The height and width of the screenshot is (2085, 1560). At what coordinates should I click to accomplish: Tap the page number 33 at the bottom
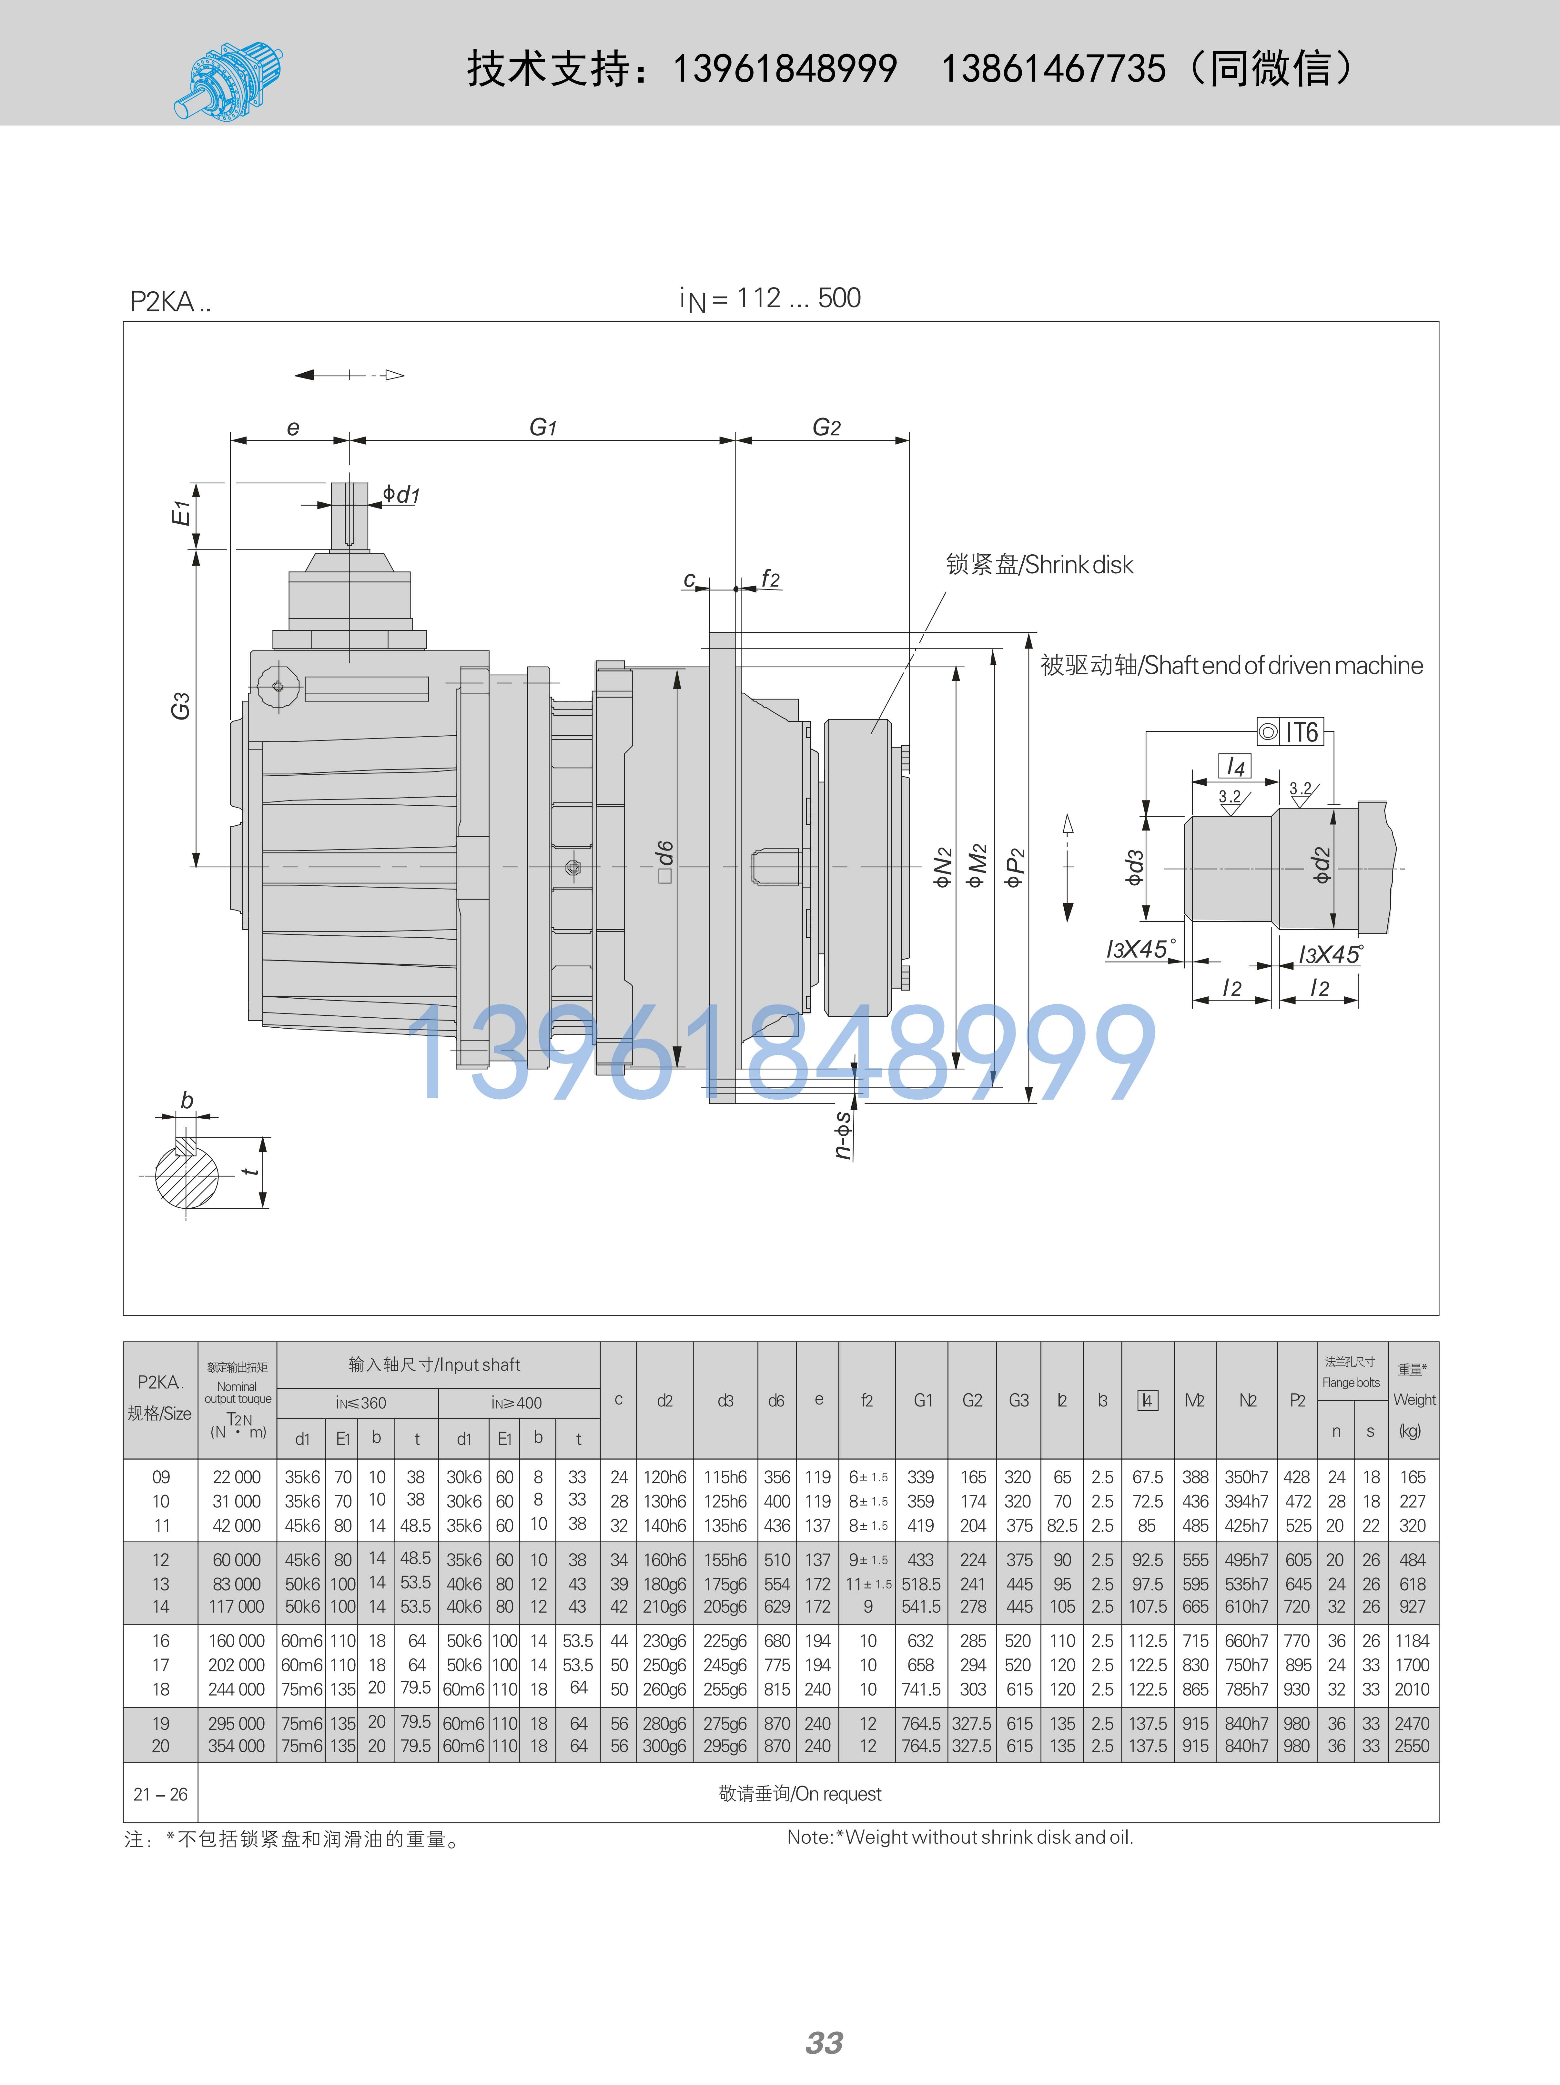(x=824, y=2042)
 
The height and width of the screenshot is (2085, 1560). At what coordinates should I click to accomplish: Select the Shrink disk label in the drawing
(x=1040, y=565)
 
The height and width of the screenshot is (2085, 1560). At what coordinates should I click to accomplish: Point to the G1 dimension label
(x=543, y=427)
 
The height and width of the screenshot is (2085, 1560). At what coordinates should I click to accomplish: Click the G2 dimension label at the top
(x=827, y=427)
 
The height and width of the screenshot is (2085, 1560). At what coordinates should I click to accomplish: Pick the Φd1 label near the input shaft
(x=401, y=494)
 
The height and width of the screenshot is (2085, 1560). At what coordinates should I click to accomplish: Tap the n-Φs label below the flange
(x=844, y=1134)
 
